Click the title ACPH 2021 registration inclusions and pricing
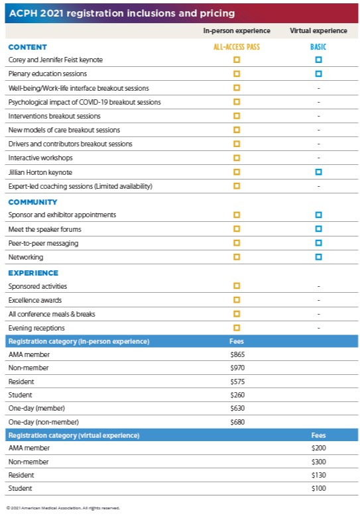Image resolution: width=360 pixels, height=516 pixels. [x=122, y=13]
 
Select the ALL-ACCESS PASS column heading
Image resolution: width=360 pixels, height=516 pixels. [x=237, y=47]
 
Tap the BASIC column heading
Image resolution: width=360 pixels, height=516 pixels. [x=318, y=47]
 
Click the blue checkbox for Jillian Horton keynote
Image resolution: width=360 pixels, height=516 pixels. [x=318, y=172]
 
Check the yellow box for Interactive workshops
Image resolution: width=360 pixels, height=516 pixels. [x=237, y=158]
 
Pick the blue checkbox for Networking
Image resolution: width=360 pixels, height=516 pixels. [x=318, y=257]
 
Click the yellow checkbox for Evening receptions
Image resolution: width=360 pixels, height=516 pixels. [x=237, y=328]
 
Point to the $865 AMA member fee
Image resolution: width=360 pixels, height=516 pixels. [x=237, y=354]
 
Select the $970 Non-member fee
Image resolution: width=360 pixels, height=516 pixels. [x=237, y=368]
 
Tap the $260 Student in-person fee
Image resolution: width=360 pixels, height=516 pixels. [x=237, y=395]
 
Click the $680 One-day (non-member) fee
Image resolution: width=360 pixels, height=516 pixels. [x=237, y=422]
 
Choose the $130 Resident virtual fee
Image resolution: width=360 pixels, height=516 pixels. [x=318, y=475]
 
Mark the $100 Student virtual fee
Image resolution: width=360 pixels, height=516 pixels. [x=318, y=488]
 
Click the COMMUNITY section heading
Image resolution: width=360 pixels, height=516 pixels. [x=32, y=202]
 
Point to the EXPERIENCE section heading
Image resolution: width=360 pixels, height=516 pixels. [x=33, y=273]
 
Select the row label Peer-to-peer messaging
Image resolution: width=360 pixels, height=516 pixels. [x=44, y=244]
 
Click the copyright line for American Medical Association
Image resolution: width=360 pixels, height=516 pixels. [x=63, y=508]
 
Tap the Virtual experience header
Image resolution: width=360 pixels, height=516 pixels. [x=318, y=30]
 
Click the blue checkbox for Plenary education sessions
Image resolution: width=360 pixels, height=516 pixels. [x=318, y=74]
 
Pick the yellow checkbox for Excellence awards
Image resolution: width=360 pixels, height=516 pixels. [x=237, y=300]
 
